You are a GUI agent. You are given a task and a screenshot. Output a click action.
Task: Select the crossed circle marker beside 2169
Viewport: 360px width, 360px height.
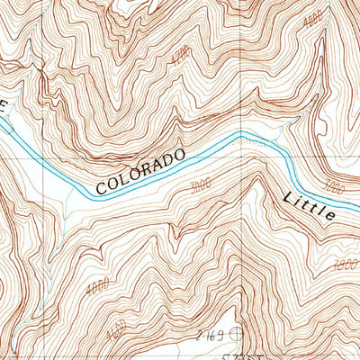click(x=237, y=334)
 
